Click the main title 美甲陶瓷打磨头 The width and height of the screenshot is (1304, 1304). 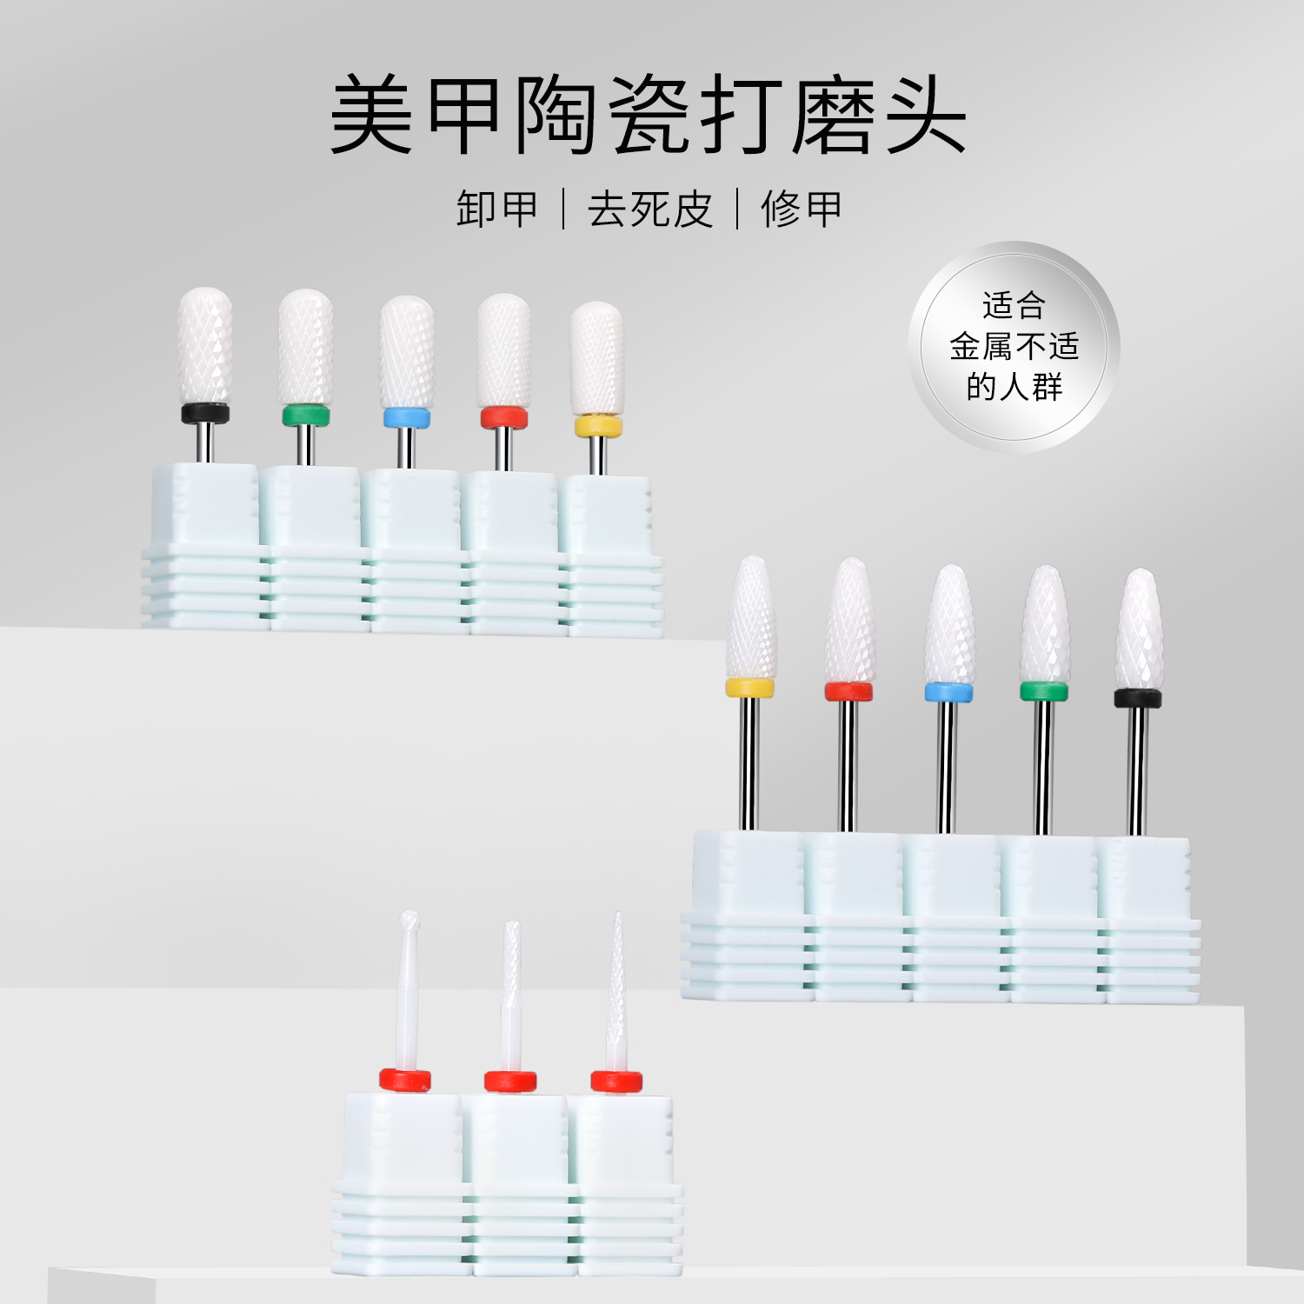pyautogui.click(x=648, y=116)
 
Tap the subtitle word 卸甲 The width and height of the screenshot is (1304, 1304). pyautogui.click(x=497, y=210)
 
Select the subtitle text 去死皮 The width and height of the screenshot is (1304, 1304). pyautogui.click(x=649, y=210)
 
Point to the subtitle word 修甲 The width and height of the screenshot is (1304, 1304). pyautogui.click(x=801, y=210)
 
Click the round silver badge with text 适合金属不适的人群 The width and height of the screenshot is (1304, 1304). pyautogui.click(x=1014, y=346)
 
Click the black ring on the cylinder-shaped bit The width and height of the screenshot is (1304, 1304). pyautogui.click(x=205, y=414)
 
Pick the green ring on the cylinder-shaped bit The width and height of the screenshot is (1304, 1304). pyautogui.click(x=305, y=416)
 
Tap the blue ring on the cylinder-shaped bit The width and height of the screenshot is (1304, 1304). pyautogui.click(x=406, y=418)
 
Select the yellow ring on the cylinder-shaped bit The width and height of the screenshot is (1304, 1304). pyautogui.click(x=598, y=426)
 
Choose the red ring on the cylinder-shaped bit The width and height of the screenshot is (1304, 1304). pyautogui.click(x=504, y=418)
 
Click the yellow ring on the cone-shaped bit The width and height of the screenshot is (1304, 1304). pyautogui.click(x=749, y=689)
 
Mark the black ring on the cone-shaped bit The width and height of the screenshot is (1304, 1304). pyautogui.click(x=1138, y=698)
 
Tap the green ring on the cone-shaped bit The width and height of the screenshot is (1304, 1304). pyautogui.click(x=1043, y=692)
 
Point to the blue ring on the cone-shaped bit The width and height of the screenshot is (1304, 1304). pyautogui.click(x=948, y=693)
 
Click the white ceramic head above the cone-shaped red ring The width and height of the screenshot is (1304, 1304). pyautogui.click(x=849, y=622)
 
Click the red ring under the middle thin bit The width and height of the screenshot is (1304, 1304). pyautogui.click(x=510, y=1081)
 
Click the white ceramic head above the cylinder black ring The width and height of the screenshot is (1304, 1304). pyautogui.click(x=205, y=346)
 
